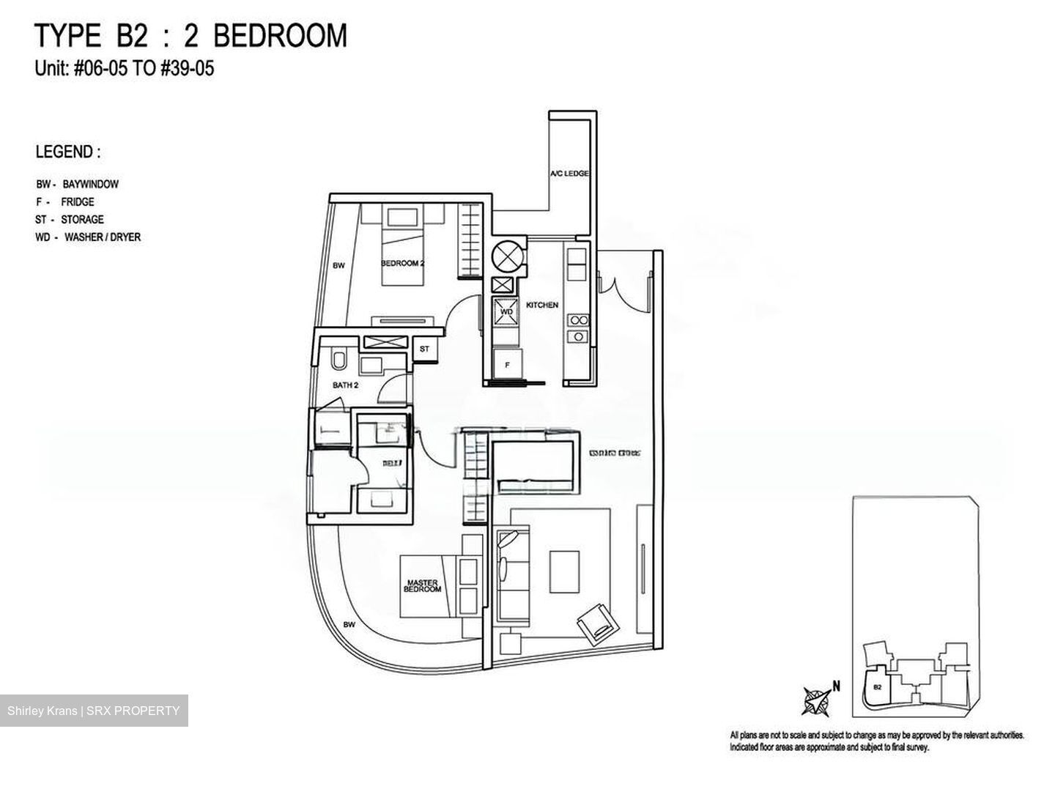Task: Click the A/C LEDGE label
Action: pos(570,174)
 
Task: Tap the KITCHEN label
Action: pos(542,305)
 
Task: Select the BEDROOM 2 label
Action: pos(402,263)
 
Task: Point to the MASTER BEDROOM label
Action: pos(423,585)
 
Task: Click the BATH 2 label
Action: pos(345,385)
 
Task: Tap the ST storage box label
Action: pos(424,349)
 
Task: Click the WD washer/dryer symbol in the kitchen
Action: pos(506,311)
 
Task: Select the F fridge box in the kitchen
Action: pos(506,363)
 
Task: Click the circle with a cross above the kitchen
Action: pos(506,256)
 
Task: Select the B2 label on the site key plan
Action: pos(877,687)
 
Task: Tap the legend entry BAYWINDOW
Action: pos(90,185)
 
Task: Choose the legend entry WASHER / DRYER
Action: pos(103,237)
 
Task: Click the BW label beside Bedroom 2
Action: pos(338,266)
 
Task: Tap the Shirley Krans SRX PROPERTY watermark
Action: pos(94,711)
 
